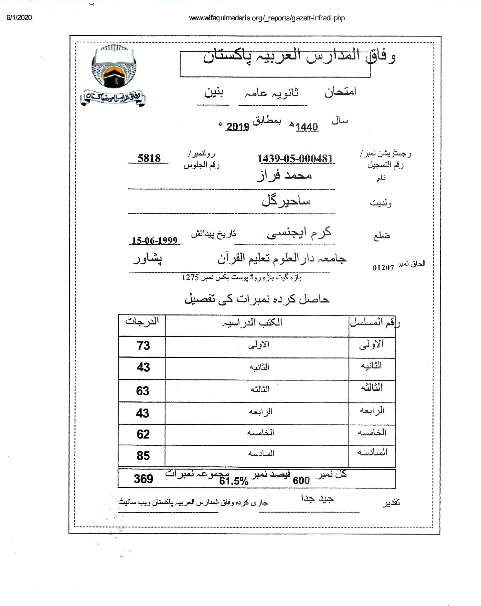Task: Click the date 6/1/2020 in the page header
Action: [x=19, y=18]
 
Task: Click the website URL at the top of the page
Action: [x=267, y=18]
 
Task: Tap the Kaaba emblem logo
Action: [x=114, y=67]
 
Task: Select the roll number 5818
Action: [x=149, y=158]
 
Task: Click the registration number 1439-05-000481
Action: [x=295, y=159]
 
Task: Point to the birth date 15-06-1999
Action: [x=155, y=240]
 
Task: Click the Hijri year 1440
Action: [x=306, y=127]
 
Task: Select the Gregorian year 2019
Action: [x=238, y=127]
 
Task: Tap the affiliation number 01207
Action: [x=383, y=268]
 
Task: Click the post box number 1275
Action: [x=190, y=277]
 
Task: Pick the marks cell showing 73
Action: [x=143, y=346]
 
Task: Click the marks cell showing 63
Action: [x=143, y=391]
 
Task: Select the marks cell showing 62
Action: [x=143, y=434]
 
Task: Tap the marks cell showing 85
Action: [x=143, y=456]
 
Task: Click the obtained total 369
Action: [x=143, y=479]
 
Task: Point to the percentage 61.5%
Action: [x=234, y=481]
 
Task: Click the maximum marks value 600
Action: [x=301, y=481]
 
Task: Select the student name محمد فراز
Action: [x=284, y=175]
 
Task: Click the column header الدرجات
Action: [x=142, y=322]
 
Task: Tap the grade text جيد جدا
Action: [x=317, y=498]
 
